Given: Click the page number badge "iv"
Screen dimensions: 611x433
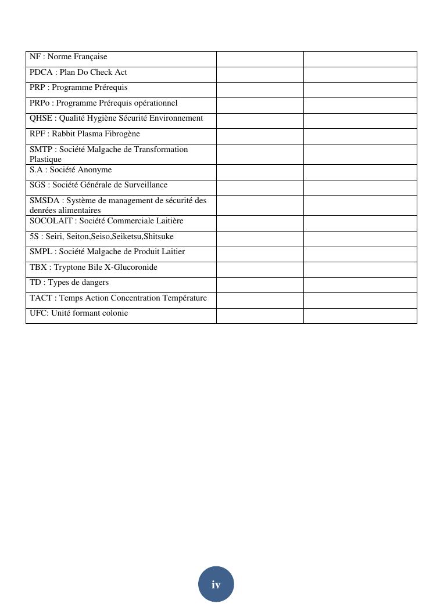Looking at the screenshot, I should [216, 584].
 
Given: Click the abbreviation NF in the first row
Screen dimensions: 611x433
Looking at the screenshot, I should [35, 57].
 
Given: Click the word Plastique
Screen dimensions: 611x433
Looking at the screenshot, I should [45, 159].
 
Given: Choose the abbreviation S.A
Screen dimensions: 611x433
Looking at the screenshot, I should [36, 170].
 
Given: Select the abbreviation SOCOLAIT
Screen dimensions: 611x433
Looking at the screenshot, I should [51, 221].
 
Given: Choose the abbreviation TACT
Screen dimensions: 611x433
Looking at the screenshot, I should [41, 298].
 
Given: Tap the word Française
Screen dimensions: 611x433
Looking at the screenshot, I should [90, 57].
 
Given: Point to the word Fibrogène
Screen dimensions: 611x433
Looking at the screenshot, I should [122, 134].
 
